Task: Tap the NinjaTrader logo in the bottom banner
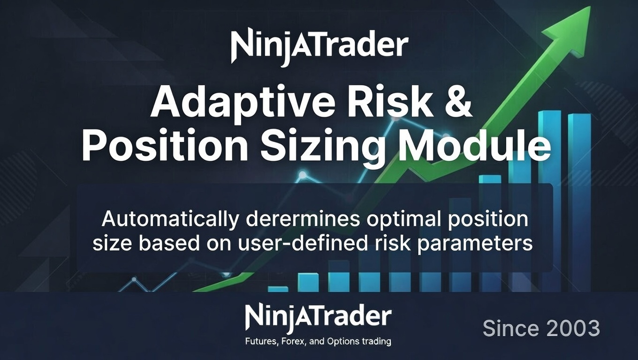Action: click(318, 318)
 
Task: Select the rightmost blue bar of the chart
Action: click(579, 202)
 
